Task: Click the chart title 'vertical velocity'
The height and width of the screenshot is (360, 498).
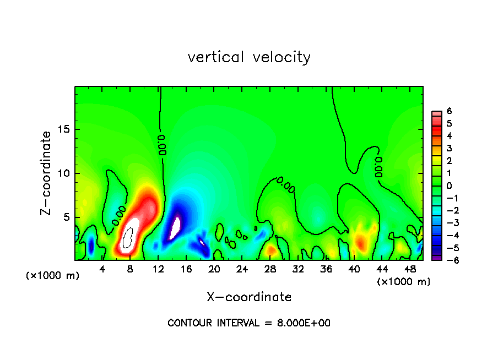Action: point(249,57)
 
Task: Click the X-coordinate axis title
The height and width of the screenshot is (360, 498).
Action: point(249,297)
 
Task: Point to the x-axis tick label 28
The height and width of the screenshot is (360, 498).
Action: point(270,269)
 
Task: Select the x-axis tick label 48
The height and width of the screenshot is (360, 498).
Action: point(410,269)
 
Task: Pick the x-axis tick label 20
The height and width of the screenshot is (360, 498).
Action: point(214,269)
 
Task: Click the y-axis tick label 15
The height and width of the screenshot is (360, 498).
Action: point(64,129)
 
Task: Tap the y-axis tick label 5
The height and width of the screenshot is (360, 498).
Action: point(67,217)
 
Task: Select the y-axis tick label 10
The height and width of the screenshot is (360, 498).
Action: point(64,173)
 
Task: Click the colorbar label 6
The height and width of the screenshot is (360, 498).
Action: point(449,111)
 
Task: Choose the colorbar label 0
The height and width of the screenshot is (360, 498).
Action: point(449,186)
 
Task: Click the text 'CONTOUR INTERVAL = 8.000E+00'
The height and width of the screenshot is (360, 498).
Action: point(249,323)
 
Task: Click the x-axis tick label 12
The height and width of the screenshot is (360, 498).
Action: point(158,269)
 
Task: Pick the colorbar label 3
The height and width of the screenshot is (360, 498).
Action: point(449,148)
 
